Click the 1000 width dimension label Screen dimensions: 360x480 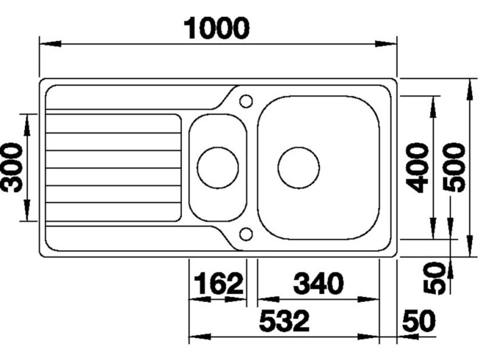click(217, 28)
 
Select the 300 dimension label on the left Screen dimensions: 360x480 click(12, 167)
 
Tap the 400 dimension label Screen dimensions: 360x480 click(417, 167)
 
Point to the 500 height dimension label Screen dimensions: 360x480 click(453, 167)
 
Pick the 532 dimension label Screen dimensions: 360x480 click(284, 321)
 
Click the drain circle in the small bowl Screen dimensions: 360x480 click(218, 168)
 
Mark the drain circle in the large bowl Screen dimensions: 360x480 click(299, 168)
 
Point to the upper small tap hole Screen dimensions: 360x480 click(246, 100)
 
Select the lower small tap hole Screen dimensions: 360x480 click(246, 234)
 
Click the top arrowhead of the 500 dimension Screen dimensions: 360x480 click(469, 89)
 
